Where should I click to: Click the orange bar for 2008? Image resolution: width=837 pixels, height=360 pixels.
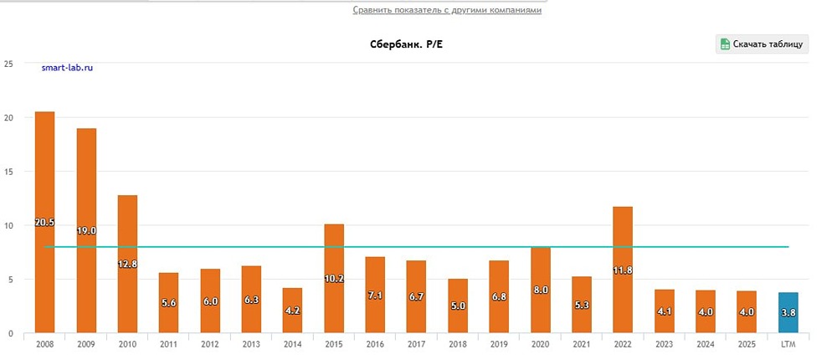click(x=45, y=222)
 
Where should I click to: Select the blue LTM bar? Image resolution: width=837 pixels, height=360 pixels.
click(x=788, y=312)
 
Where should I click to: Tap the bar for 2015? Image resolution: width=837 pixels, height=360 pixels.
click(x=334, y=278)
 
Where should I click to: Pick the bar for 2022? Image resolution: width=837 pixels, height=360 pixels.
click(x=623, y=270)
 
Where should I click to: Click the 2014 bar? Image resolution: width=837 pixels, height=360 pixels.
click(x=292, y=311)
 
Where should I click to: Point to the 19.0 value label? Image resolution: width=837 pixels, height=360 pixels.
click(x=86, y=231)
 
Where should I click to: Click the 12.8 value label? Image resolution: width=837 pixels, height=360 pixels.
click(x=127, y=264)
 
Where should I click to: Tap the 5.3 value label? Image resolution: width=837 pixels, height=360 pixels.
click(x=582, y=306)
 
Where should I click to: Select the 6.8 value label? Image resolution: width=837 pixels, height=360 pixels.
click(x=499, y=296)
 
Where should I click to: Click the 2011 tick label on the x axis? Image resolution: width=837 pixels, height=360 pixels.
click(x=169, y=344)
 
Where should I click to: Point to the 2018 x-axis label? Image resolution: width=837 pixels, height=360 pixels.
click(x=458, y=344)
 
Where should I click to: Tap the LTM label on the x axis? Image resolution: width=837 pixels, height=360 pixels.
click(x=788, y=344)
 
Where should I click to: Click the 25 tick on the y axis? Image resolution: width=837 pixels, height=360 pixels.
click(x=8, y=64)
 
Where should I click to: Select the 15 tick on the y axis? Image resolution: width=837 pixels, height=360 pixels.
click(x=8, y=172)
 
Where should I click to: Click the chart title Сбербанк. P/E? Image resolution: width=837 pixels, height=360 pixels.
click(x=406, y=44)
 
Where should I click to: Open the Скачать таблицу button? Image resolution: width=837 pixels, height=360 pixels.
click(x=762, y=44)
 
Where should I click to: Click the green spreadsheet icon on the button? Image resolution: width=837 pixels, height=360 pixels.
click(x=725, y=44)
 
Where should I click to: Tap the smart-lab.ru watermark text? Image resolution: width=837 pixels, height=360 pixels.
click(x=67, y=68)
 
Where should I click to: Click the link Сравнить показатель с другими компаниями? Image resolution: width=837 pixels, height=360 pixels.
click(x=447, y=10)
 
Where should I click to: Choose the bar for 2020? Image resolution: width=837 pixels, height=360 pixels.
click(x=540, y=290)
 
